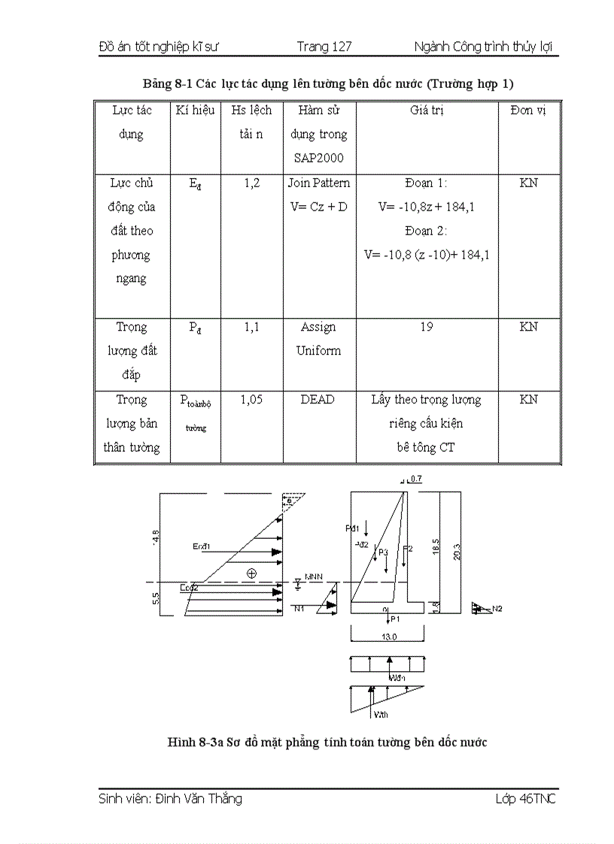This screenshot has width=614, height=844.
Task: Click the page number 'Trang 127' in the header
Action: [x=324, y=47]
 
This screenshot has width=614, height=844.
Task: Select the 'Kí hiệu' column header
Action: [x=196, y=110]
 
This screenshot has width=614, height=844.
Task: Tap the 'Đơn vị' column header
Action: [x=527, y=110]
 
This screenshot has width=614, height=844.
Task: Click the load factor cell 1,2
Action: [x=251, y=183]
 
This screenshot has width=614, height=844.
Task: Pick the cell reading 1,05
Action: [x=251, y=400]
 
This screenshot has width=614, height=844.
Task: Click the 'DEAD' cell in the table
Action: [x=318, y=400]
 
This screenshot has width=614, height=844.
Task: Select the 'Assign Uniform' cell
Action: [x=318, y=338]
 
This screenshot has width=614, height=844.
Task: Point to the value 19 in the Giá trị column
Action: [x=427, y=327]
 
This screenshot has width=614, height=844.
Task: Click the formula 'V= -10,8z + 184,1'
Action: [x=426, y=207]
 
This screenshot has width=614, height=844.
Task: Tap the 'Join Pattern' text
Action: [x=319, y=183]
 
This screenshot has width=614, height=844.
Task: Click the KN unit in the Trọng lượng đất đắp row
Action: [x=528, y=327]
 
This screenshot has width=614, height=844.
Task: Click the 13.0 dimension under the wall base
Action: [x=388, y=636]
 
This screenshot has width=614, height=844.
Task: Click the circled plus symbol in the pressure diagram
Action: [x=251, y=573]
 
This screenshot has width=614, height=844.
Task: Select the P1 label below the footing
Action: [x=395, y=619]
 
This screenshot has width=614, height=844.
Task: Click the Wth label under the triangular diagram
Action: [x=381, y=714]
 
